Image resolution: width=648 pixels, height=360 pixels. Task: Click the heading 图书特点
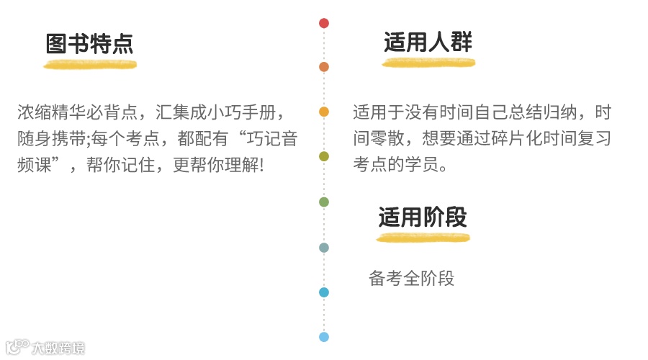pyautogui.click(x=89, y=44)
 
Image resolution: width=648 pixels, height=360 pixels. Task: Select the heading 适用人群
pyautogui.click(x=428, y=42)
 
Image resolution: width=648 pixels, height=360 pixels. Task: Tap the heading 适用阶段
pyautogui.click(x=423, y=217)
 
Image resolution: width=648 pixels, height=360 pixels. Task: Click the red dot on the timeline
pyautogui.click(x=324, y=23)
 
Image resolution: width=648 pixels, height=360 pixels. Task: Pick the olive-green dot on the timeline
pyautogui.click(x=324, y=156)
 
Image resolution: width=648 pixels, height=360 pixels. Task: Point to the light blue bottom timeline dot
pyautogui.click(x=324, y=337)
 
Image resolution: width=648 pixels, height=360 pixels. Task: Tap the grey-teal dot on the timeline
pyautogui.click(x=324, y=248)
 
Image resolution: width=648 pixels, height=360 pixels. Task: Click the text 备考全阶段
pyautogui.click(x=412, y=279)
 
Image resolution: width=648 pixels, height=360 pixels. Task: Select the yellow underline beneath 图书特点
pyautogui.click(x=90, y=65)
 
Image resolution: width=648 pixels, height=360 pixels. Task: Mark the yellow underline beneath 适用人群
pyautogui.click(x=428, y=63)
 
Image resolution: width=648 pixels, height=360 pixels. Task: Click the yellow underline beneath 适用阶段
pyautogui.click(x=423, y=238)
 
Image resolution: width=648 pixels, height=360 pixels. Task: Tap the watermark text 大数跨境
pyautogui.click(x=58, y=348)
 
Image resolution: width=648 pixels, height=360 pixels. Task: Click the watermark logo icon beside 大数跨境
pyautogui.click(x=17, y=348)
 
